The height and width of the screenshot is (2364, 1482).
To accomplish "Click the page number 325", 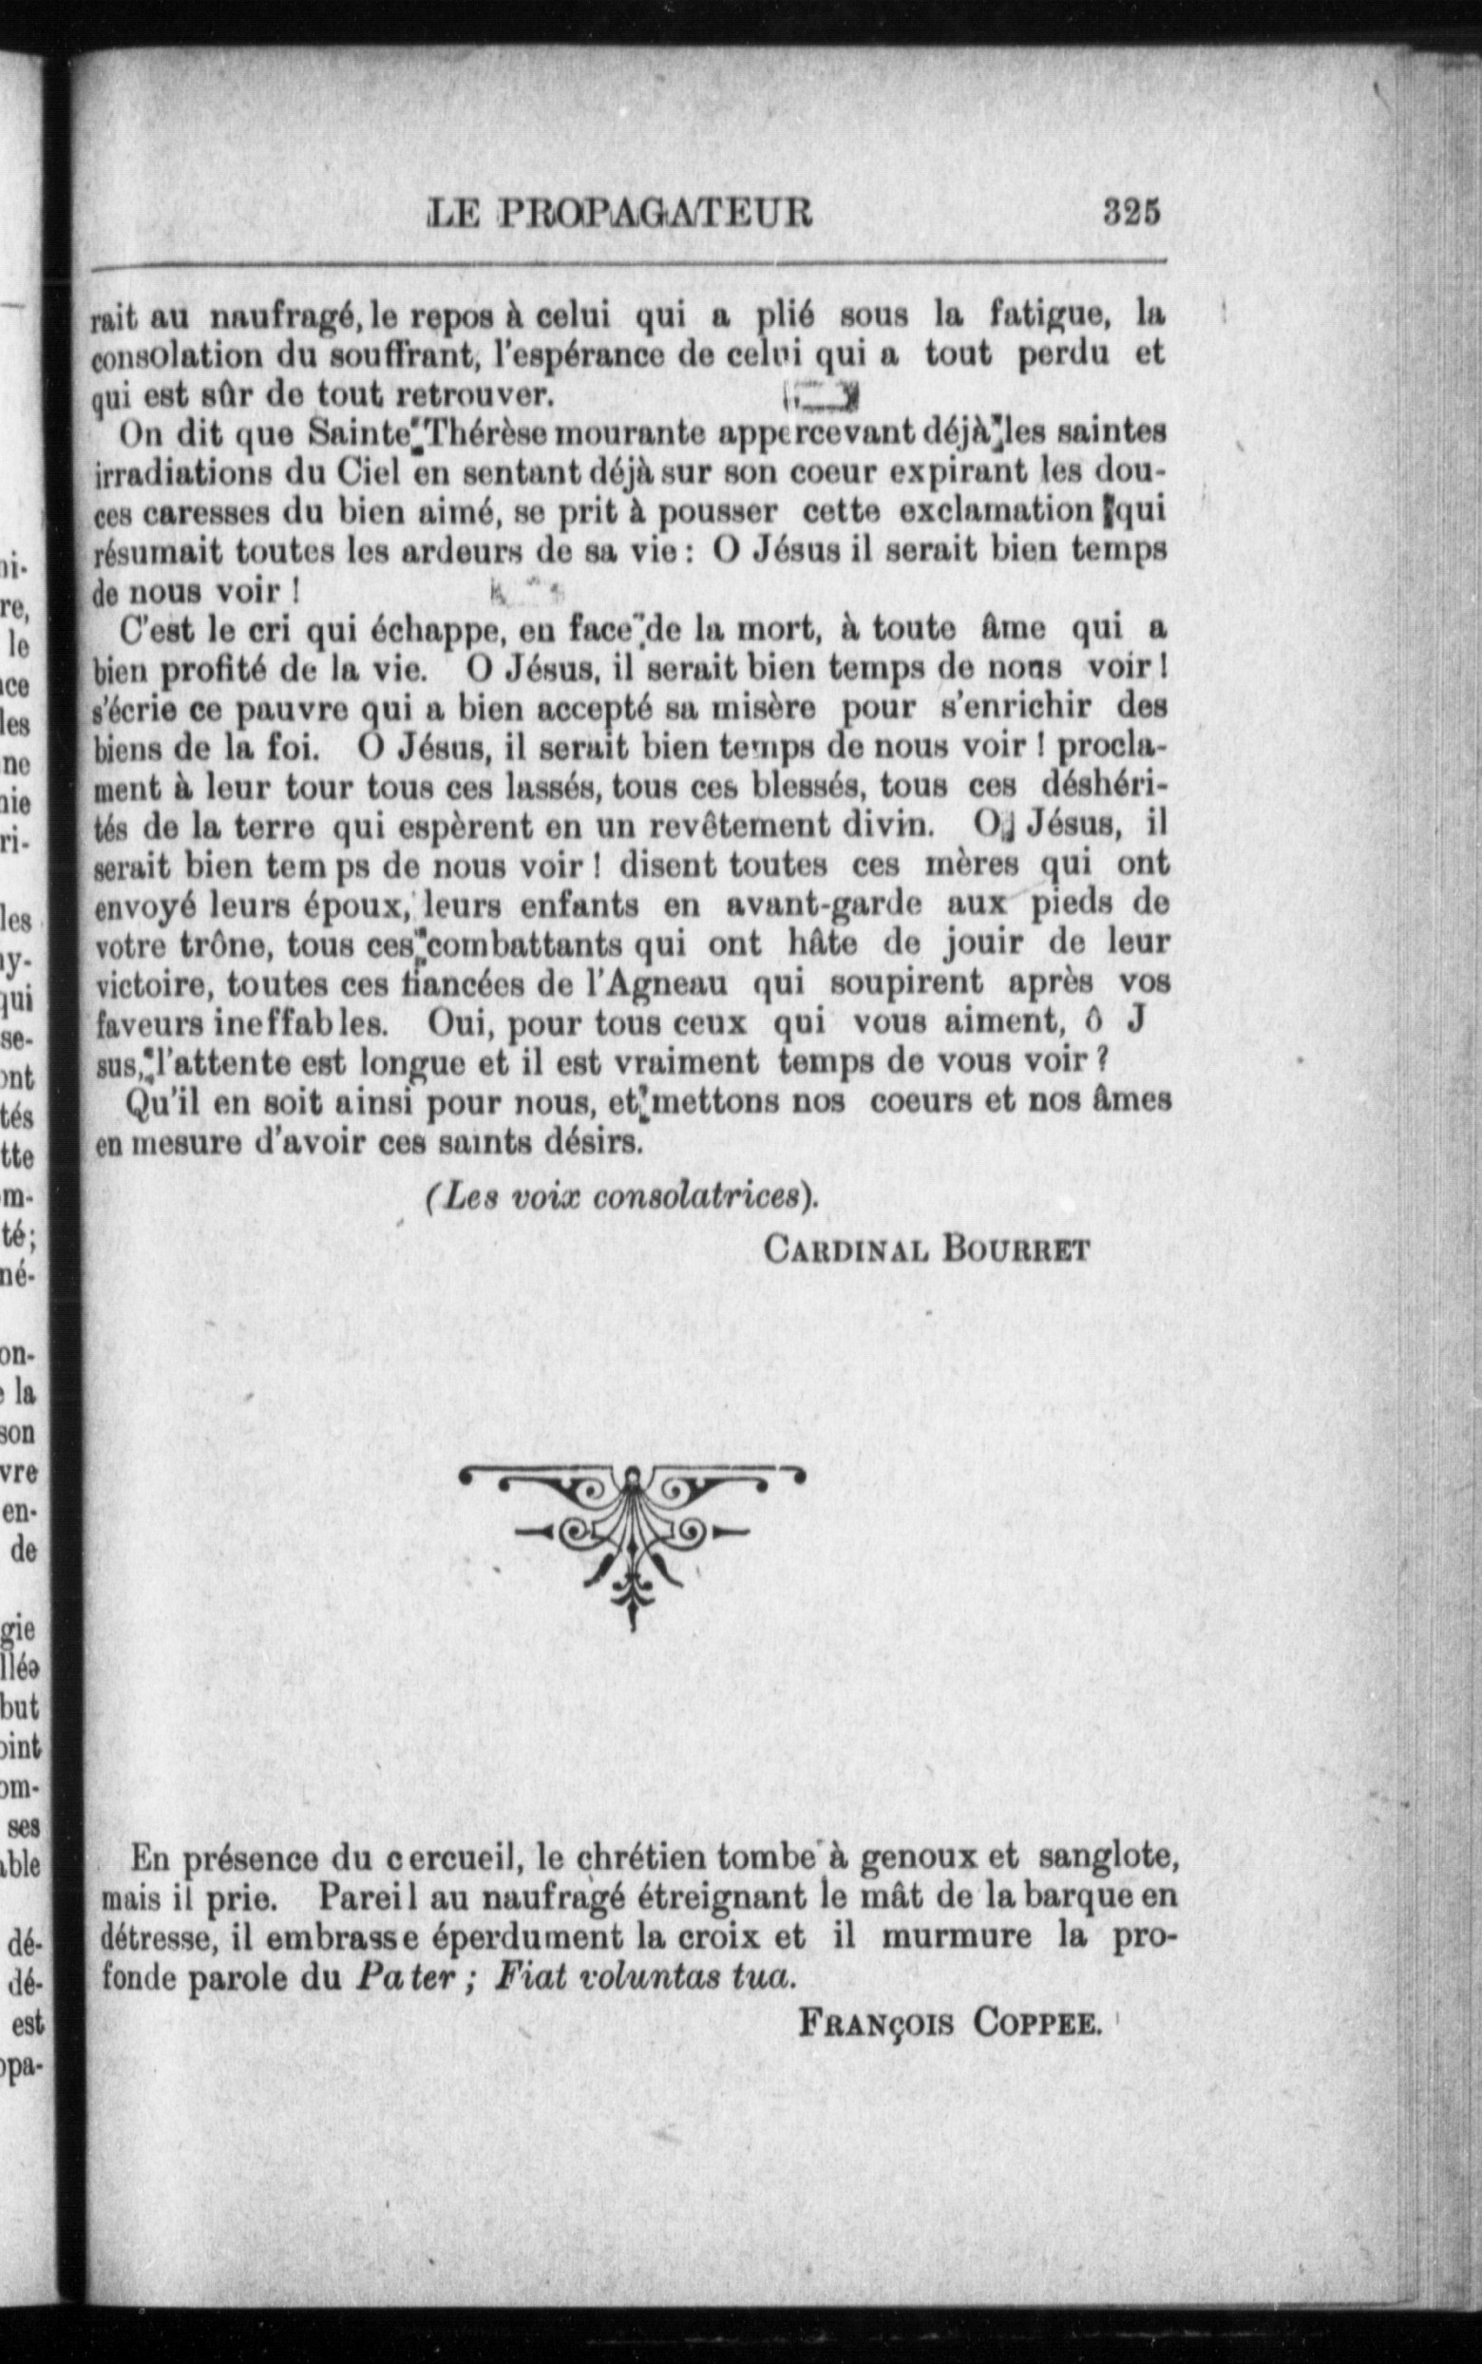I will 1131,213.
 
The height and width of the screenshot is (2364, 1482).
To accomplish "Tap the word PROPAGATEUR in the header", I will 655,214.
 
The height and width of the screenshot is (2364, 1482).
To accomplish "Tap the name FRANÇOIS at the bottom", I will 876,2022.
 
